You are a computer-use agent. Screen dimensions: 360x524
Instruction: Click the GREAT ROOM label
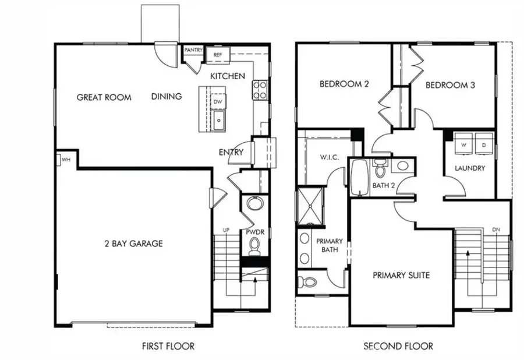tap(104, 97)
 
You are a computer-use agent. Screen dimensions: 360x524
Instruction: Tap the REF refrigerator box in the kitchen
tap(218, 55)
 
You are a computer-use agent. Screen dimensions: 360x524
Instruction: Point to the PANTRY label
tap(193, 51)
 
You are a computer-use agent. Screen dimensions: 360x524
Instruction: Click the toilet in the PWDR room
tap(254, 248)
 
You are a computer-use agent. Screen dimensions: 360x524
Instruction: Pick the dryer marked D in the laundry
tap(484, 144)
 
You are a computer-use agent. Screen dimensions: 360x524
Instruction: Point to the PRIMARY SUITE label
tap(401, 275)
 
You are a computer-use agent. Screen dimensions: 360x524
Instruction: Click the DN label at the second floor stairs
tap(495, 230)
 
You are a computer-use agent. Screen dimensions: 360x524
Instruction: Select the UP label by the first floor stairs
tap(226, 230)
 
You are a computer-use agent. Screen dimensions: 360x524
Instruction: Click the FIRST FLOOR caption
tap(168, 346)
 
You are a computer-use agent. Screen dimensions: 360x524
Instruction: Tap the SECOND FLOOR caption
tap(398, 346)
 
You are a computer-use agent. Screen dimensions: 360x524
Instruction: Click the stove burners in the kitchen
tap(260, 90)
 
